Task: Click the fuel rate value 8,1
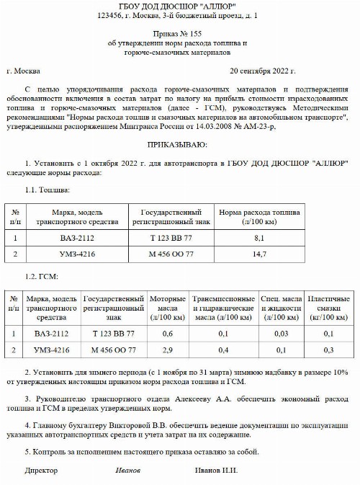261,237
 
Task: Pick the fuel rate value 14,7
261,254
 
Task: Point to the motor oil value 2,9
167,350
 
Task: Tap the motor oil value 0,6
167,333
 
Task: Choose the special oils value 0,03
281,333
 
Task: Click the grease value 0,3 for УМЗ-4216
328,350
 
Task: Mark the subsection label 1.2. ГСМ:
42,277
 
